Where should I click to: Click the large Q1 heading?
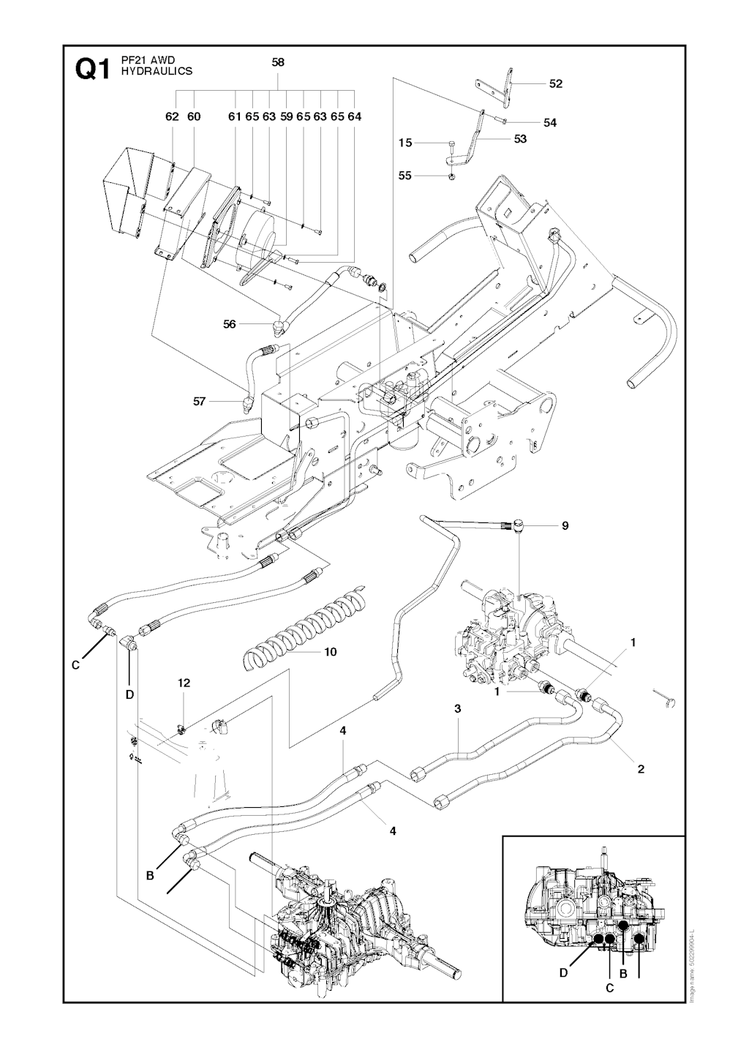click(92, 71)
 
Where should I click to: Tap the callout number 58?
click(278, 63)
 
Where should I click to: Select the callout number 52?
click(556, 83)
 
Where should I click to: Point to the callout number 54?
click(550, 123)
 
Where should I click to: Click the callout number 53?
click(520, 139)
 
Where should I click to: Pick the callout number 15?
click(405, 143)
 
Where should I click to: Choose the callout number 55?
click(405, 176)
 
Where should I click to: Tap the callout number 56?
click(230, 323)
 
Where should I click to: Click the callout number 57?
click(200, 400)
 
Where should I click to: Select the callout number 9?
click(565, 525)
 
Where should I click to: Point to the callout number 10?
click(330, 651)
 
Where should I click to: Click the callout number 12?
click(184, 683)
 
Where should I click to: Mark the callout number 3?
click(457, 708)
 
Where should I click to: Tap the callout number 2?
click(641, 769)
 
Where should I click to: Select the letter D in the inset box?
click(563, 972)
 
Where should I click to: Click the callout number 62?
click(172, 116)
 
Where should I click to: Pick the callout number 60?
click(194, 116)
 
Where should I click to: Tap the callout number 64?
click(355, 116)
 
